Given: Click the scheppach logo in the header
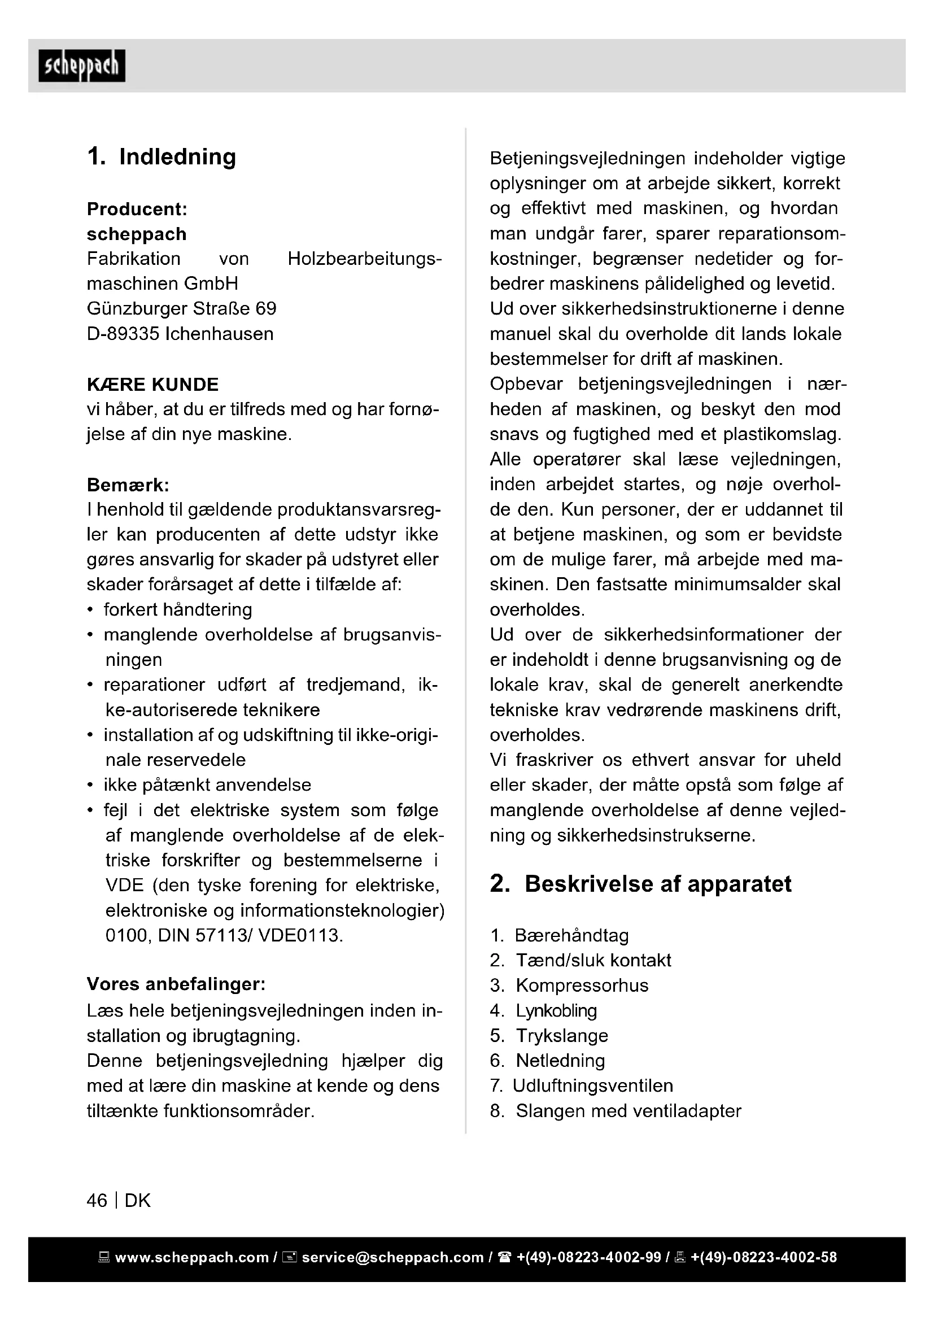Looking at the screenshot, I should coord(82,66).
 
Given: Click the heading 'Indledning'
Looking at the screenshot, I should coord(177,157).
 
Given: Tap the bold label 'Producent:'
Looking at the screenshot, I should coord(137,209).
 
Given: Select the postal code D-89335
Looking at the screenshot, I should coord(123,334).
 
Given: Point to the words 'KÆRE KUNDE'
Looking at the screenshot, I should coord(152,385).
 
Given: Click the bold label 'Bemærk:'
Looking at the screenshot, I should coord(128,485).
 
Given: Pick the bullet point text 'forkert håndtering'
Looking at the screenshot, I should coord(178,609).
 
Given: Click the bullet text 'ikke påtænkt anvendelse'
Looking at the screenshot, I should coord(207,785).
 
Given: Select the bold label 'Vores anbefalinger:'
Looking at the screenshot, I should coord(176,984).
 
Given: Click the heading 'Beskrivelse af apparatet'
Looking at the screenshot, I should coord(658,884).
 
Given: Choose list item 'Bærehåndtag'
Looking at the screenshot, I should coord(571,935).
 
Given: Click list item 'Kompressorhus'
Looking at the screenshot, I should coord(582,986).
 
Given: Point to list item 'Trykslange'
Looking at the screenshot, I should coord(561,1036).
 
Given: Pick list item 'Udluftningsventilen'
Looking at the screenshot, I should coord(592,1085).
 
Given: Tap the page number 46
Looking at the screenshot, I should coord(97,1200).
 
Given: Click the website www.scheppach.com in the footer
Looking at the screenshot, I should coord(191,1258).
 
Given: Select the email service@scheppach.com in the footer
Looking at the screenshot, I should coord(392,1258).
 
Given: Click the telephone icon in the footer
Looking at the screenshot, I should coord(505,1258).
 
